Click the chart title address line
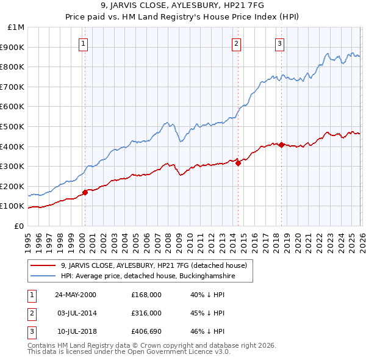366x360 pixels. pos(183,7)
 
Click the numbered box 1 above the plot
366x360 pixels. pos(83,43)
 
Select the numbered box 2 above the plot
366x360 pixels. pos(236,43)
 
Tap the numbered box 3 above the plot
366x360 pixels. pos(279,43)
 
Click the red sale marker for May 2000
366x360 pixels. pos(85,192)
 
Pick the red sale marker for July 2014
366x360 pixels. pos(238,163)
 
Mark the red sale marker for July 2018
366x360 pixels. pos(281,145)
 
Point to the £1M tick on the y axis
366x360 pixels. pos(16,27)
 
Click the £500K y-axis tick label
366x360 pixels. pos(13,126)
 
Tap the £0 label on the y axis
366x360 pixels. pos(19,226)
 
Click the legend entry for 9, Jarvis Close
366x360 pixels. pos(153,265)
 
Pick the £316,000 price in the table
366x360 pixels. pos(146,313)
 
